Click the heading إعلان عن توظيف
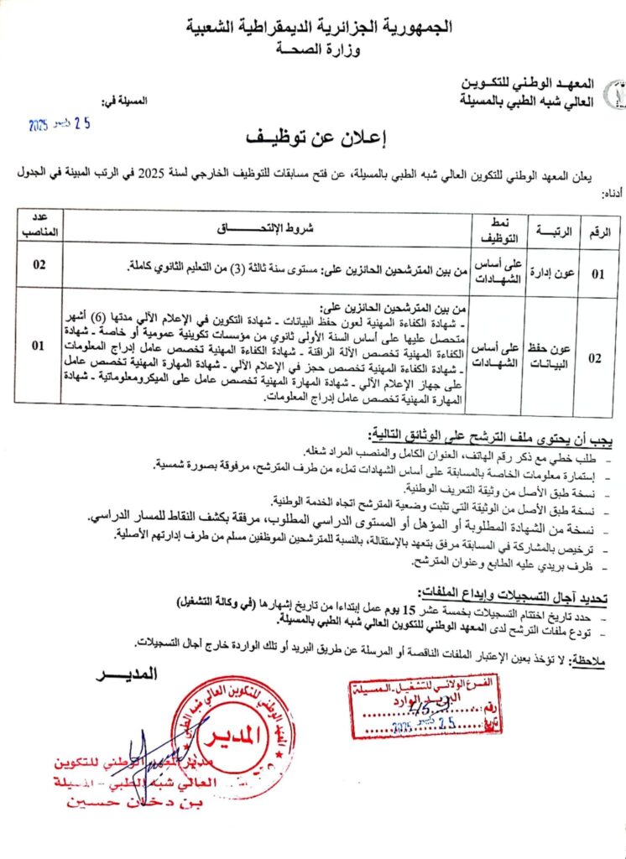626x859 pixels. tap(313, 137)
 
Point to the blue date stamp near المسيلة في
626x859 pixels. tap(60, 124)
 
